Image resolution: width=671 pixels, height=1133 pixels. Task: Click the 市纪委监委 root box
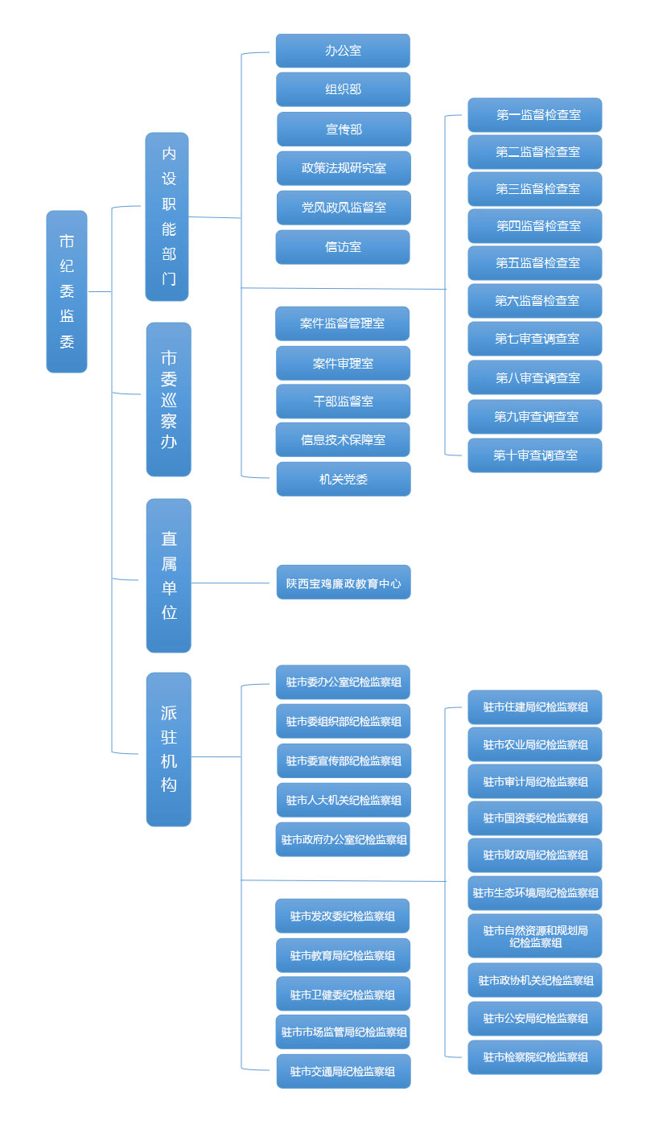coord(67,291)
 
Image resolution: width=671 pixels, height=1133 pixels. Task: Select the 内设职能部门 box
coord(167,216)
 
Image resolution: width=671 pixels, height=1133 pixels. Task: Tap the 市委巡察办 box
coord(169,399)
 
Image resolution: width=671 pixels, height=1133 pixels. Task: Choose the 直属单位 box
coord(169,575)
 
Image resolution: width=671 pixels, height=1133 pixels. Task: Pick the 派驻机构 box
coord(169,749)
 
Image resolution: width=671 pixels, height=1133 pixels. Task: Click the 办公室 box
coord(343,51)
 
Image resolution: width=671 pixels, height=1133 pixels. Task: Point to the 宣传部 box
coord(344,129)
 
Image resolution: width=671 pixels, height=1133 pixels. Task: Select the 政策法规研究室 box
coord(344,168)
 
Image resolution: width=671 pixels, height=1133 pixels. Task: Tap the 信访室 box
coord(343,247)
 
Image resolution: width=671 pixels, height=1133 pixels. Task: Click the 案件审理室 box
coord(343,363)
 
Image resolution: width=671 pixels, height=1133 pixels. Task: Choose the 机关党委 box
coord(344,479)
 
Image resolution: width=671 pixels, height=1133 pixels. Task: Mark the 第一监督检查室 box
coord(535,115)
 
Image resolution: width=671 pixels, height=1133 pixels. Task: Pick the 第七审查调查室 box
coord(535,339)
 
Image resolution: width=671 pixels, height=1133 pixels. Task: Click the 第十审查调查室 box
coord(535,455)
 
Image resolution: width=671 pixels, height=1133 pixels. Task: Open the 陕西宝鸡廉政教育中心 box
coord(344,582)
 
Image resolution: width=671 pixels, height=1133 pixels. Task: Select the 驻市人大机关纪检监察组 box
coord(344,800)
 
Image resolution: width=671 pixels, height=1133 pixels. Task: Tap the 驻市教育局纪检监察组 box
coord(343,955)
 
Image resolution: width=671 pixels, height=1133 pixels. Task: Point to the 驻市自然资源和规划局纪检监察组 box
coord(535,936)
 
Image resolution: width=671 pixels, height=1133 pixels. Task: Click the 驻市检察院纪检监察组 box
coord(535,1057)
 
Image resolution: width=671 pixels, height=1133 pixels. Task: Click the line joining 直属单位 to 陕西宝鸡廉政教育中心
coord(233,583)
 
